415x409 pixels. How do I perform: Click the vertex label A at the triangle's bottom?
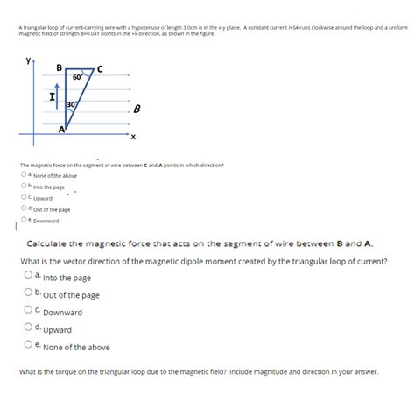coord(61,129)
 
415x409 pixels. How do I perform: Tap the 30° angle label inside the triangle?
coord(72,106)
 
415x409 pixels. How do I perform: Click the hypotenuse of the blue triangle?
coord(81,101)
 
